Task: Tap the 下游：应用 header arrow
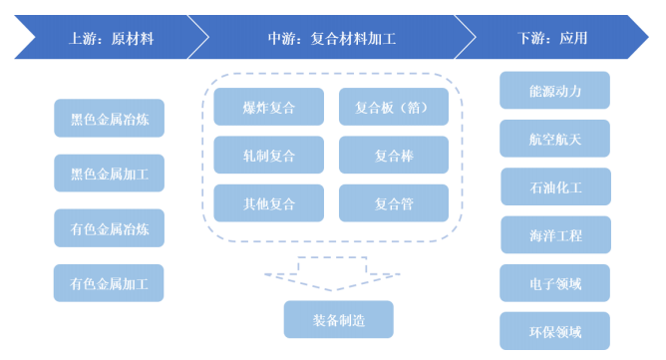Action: (553, 40)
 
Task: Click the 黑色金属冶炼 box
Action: (109, 119)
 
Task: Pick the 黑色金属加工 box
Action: (109, 174)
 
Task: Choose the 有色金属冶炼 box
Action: (109, 228)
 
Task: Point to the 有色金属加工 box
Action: (109, 283)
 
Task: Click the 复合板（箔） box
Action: (393, 107)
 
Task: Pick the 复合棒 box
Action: (393, 155)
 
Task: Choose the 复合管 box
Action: (393, 203)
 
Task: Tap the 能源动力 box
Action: (554, 91)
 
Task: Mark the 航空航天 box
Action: (554, 139)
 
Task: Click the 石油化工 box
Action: (554, 186)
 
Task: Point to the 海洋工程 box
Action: (554, 235)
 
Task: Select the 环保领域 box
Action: (554, 331)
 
